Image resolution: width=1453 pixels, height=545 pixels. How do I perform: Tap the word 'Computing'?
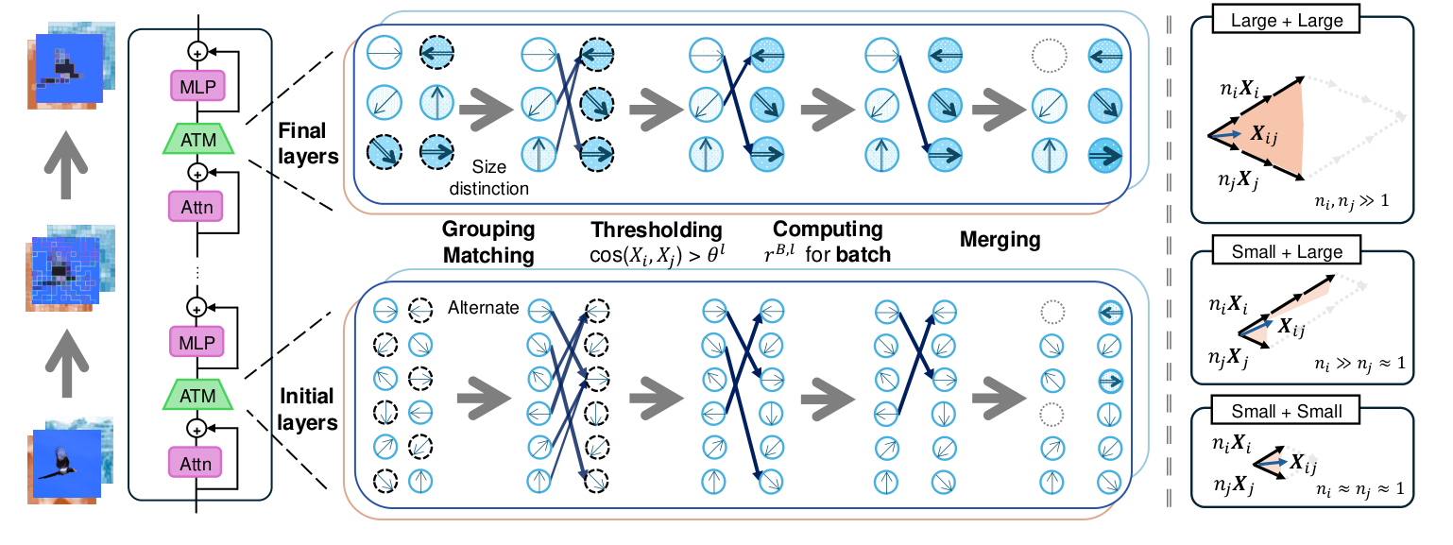[828, 230]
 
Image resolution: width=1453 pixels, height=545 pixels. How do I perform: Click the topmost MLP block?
[197, 86]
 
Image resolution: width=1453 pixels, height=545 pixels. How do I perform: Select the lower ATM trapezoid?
[197, 393]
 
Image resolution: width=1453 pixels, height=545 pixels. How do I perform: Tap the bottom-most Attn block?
[197, 463]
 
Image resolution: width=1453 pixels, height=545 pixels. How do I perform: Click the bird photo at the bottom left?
[67, 466]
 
